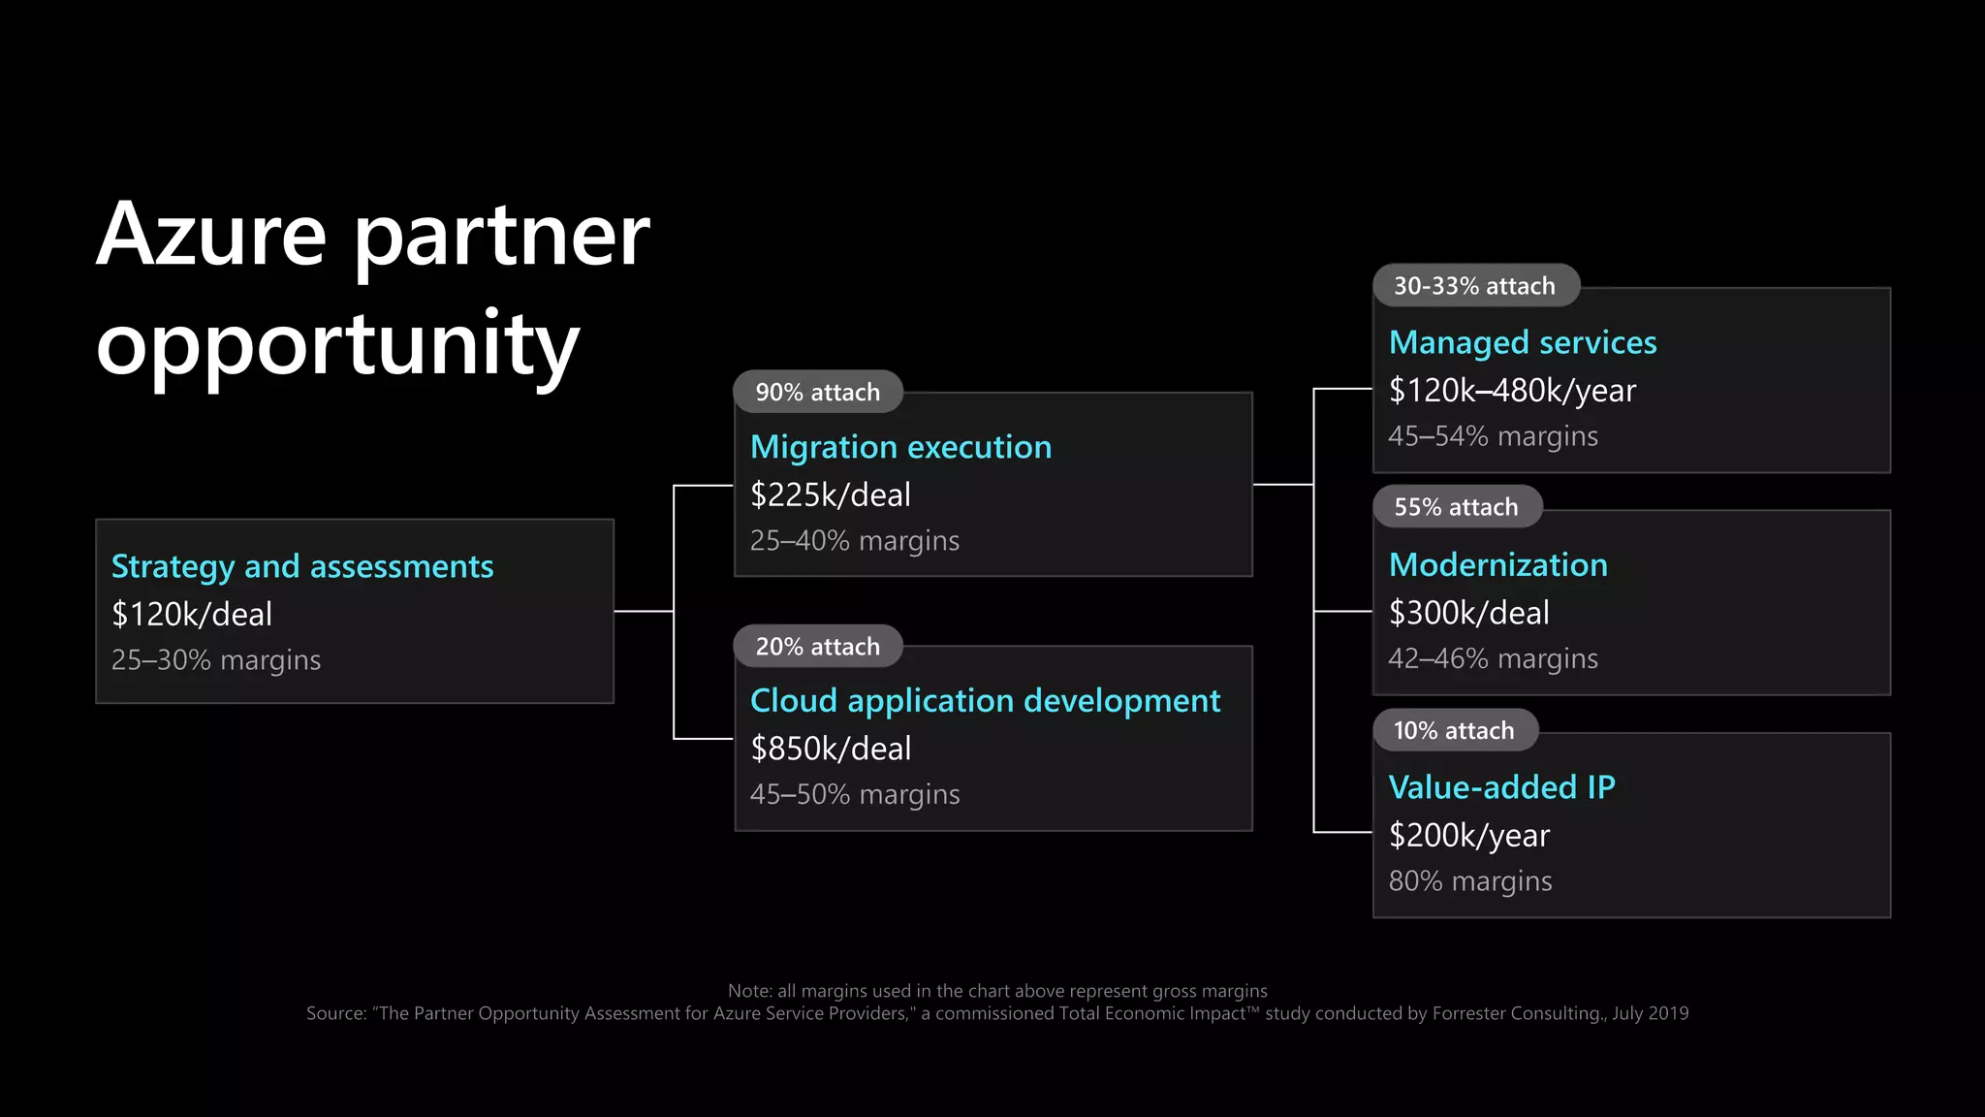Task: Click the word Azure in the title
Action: click(211, 235)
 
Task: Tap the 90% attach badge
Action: click(818, 392)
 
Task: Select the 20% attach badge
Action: click(818, 647)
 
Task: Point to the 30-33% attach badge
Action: click(1475, 286)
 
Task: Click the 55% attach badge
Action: click(1457, 507)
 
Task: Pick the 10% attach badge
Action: click(1454, 730)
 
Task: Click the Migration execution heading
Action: click(900, 447)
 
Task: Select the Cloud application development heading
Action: click(985, 700)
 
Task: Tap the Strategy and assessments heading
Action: click(302, 566)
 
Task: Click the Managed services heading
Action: click(1523, 342)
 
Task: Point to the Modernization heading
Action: click(1497, 564)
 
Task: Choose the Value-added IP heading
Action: click(1501, 787)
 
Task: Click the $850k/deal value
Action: click(831, 749)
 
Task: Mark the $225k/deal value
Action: click(831, 495)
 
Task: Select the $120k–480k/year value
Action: click(1512, 390)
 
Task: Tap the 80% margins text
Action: click(1470, 881)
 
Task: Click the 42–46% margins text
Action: click(1493, 659)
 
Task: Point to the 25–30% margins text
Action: click(216, 660)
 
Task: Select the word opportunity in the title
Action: click(337, 344)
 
